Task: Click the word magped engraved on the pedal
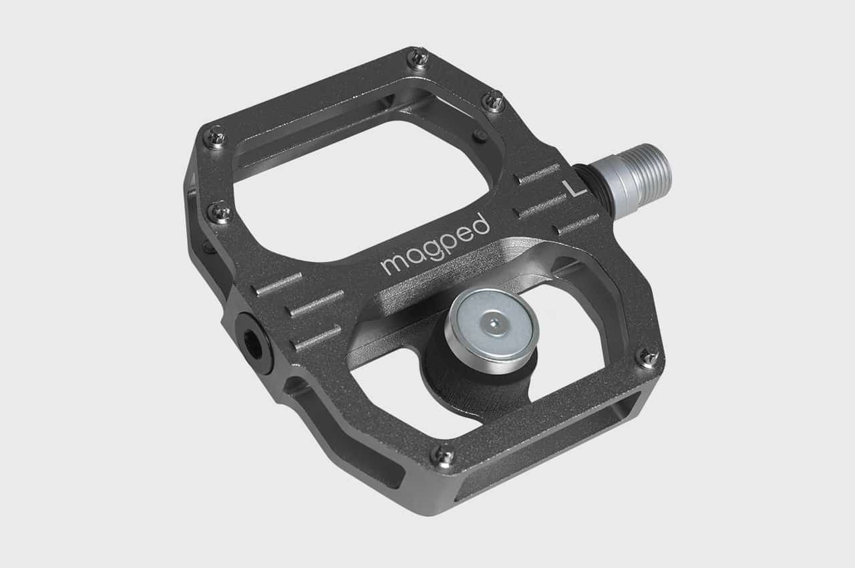(435, 245)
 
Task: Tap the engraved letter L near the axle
(575, 188)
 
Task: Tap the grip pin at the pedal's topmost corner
(419, 58)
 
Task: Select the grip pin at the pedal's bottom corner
(442, 456)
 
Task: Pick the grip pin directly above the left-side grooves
(220, 212)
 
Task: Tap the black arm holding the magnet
(468, 381)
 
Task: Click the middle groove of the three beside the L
(542, 206)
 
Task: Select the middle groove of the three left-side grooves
(315, 304)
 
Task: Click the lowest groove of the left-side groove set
(318, 338)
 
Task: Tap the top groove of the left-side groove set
(279, 283)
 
